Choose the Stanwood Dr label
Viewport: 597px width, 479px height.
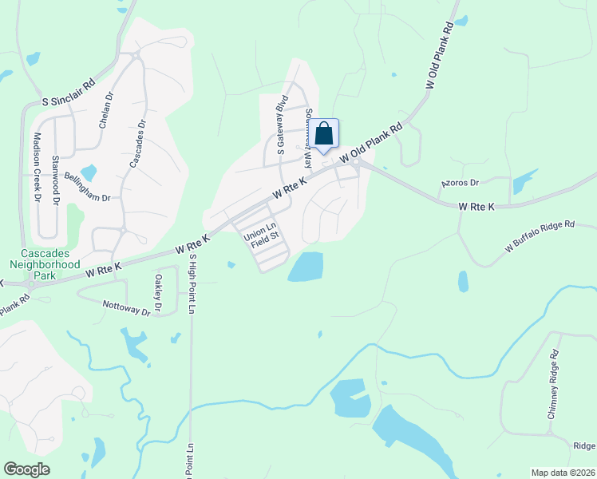pos(56,180)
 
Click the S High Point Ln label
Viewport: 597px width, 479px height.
pos(192,283)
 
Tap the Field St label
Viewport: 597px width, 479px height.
pos(266,236)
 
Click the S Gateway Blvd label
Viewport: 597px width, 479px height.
pos(281,125)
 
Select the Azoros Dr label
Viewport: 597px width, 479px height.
pos(459,183)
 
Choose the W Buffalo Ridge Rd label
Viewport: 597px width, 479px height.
pos(540,238)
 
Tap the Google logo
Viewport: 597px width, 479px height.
pos(27,469)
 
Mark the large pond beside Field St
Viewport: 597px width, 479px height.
pos(306,267)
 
